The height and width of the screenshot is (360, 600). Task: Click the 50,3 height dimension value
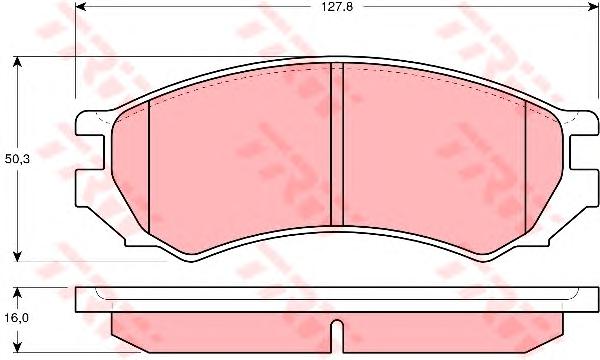17,159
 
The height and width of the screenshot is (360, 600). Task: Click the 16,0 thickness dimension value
17,318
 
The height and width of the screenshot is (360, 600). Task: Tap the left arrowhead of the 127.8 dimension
81,6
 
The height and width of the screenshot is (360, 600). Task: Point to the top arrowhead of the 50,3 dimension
17,63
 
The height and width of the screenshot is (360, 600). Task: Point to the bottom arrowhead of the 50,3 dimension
17,256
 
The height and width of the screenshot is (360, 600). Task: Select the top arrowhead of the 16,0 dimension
17,293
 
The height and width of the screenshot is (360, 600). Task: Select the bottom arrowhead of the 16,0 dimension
17,346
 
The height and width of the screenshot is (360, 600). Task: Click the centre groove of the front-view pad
337,145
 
